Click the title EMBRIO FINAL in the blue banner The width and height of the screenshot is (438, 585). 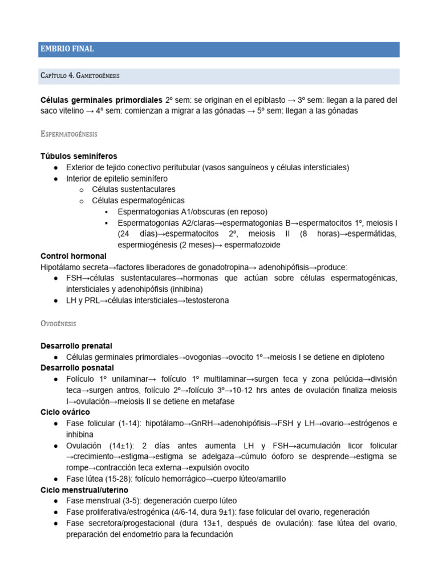pyautogui.click(x=67, y=49)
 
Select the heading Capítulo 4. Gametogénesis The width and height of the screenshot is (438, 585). pyautogui.click(x=80, y=76)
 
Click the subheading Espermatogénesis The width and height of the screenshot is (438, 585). pyautogui.click(x=69, y=134)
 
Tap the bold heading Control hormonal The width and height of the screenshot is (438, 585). pyautogui.click(x=74, y=256)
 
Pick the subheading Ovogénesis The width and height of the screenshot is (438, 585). pyautogui.click(x=58, y=323)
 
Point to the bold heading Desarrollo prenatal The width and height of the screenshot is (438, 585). pyautogui.click(x=76, y=346)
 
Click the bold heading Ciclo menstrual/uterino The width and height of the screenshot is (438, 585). pyautogui.click(x=84, y=490)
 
